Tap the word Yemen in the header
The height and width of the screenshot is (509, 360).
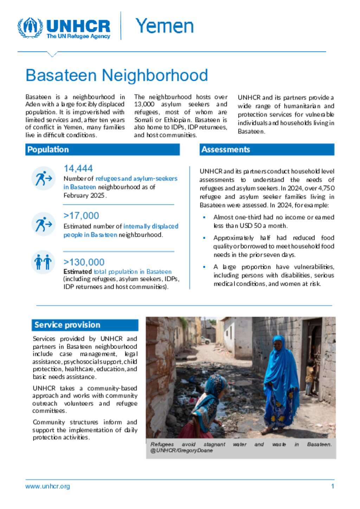(x=165, y=26)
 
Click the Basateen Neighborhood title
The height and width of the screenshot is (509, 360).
(x=117, y=75)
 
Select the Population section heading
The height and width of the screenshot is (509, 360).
(x=48, y=150)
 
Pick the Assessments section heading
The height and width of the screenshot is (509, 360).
(x=225, y=150)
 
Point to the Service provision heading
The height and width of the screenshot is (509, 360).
(x=67, y=325)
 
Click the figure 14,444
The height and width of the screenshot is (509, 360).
(x=78, y=169)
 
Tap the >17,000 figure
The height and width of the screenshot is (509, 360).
(x=81, y=216)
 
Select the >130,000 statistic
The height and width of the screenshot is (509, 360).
(x=84, y=262)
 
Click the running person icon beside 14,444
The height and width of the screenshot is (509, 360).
(x=43, y=178)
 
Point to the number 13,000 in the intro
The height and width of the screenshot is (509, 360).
(x=144, y=104)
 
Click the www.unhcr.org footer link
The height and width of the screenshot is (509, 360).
(x=47, y=487)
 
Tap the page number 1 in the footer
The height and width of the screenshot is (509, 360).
(x=332, y=487)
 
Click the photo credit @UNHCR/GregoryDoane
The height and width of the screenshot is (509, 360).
(x=181, y=451)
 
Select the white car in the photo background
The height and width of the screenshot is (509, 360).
(x=205, y=340)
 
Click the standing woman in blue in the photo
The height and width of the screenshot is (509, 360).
(x=280, y=383)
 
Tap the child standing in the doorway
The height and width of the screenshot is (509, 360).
(x=309, y=378)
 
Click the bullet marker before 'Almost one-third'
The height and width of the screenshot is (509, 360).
(x=204, y=217)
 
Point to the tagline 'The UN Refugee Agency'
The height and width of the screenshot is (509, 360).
(x=78, y=36)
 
